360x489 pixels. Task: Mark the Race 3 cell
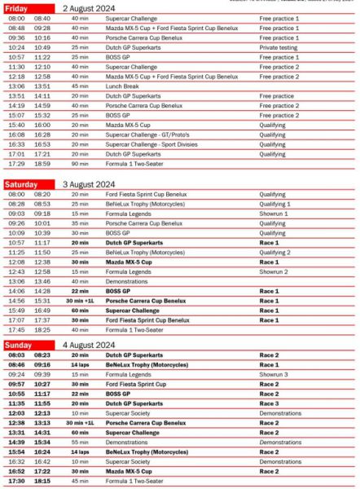point(270,403)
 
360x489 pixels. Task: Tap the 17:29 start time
point(16,163)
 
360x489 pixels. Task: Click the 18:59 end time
point(42,163)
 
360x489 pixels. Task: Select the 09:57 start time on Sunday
point(16,384)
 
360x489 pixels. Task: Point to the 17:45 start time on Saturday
point(16,329)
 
